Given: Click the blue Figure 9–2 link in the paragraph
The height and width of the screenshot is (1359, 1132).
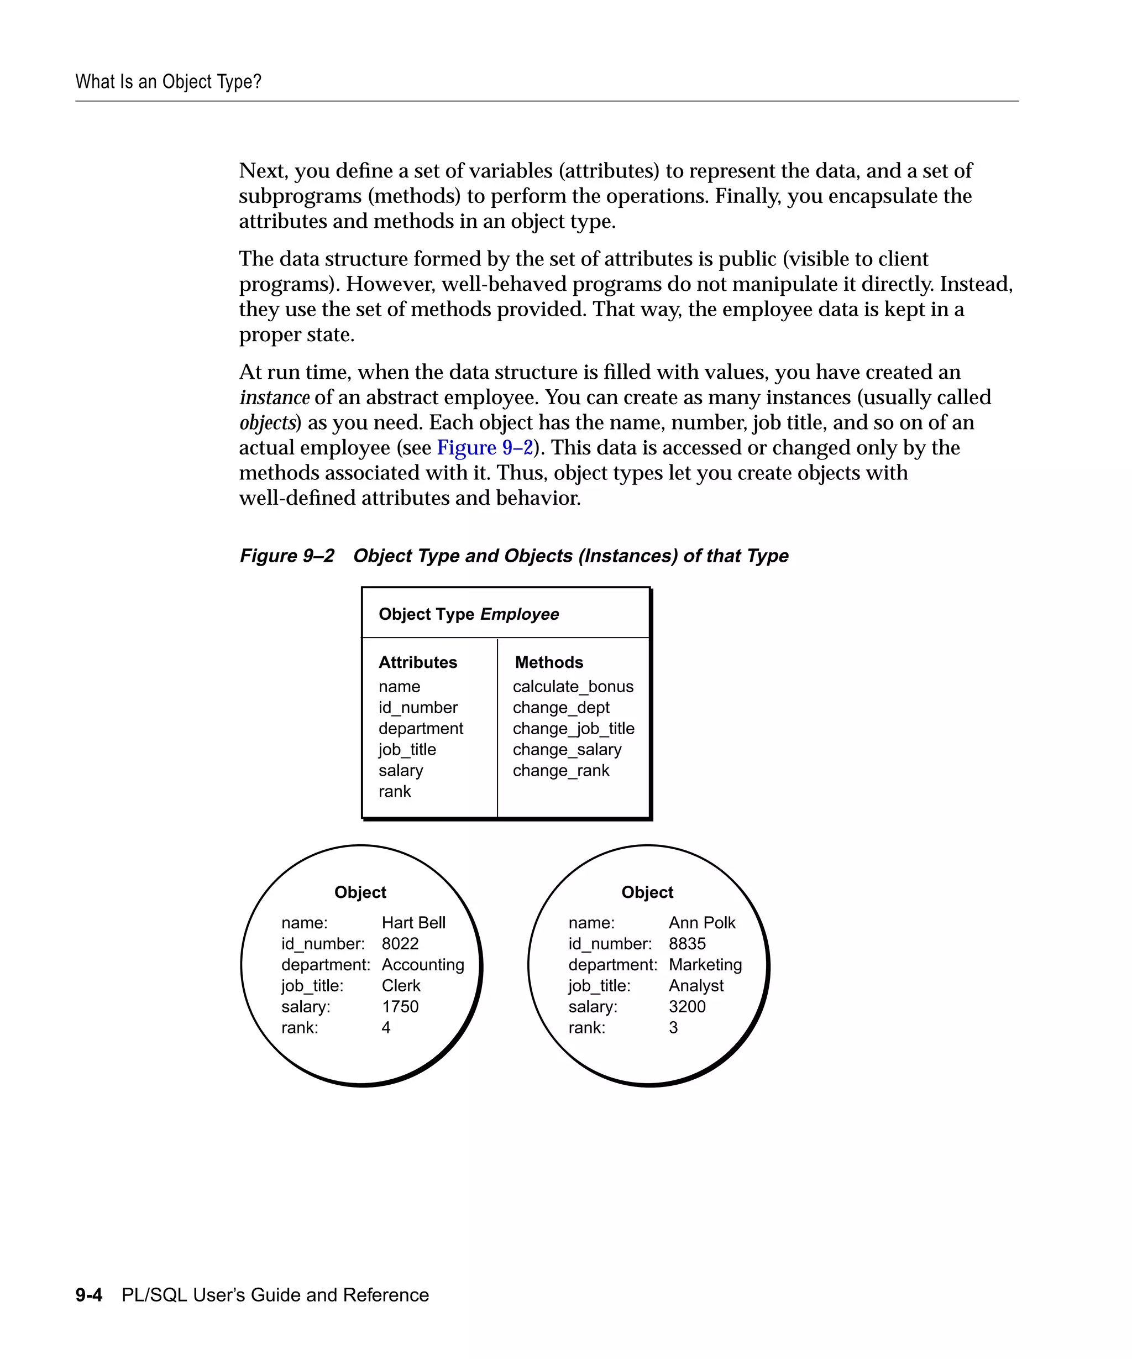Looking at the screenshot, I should click(485, 448).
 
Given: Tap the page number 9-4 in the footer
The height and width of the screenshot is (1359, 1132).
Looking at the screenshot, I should click(88, 1295).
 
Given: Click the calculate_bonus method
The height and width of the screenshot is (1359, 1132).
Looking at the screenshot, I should click(573, 687).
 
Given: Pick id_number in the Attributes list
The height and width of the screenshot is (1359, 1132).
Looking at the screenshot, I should click(418, 707).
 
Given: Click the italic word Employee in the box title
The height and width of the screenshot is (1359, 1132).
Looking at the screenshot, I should click(520, 614).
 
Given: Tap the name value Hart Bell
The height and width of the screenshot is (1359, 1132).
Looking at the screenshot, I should click(413, 923).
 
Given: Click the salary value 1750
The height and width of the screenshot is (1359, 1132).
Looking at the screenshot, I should click(400, 1006).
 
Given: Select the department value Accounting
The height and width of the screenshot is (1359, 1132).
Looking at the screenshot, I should click(422, 965).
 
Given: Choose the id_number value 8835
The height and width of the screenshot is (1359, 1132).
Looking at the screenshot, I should click(687, 944).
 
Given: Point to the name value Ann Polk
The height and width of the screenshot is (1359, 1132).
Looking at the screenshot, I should click(702, 923).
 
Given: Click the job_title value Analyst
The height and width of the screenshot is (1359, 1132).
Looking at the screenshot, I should click(696, 986).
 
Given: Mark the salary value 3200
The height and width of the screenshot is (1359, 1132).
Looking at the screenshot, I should click(687, 1006).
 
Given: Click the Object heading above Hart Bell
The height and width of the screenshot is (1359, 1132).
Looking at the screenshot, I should click(360, 892).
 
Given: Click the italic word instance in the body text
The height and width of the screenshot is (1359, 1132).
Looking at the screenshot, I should click(274, 398).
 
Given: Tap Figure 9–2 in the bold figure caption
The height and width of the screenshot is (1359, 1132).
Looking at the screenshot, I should click(287, 556).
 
